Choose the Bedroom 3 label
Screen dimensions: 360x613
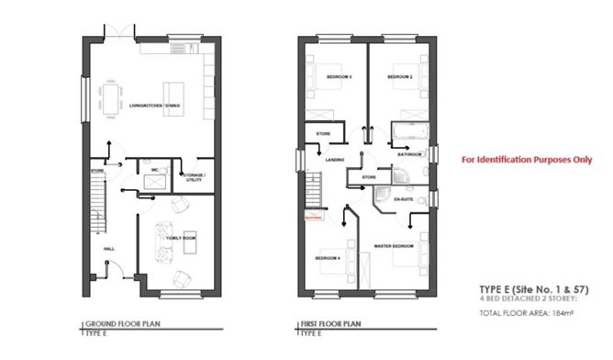(340, 76)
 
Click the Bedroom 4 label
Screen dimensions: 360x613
(327, 258)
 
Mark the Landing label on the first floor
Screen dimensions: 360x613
(334, 159)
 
